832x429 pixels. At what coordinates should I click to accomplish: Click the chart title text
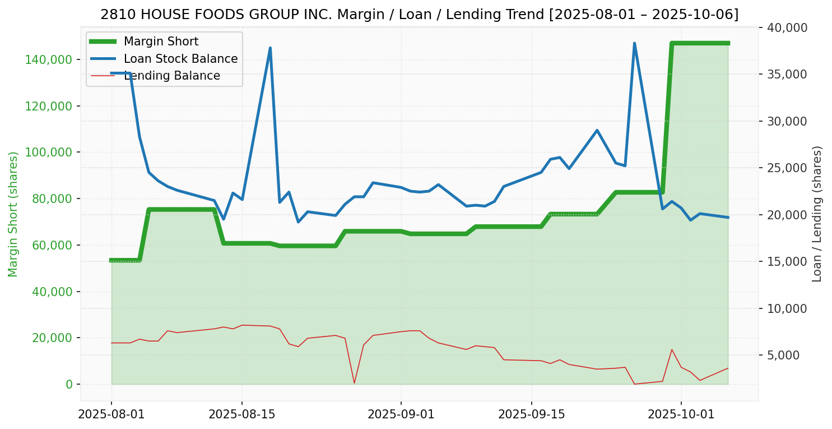coord(419,15)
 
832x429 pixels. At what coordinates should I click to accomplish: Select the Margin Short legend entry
coord(161,41)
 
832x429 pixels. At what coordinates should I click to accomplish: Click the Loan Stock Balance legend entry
coord(180,59)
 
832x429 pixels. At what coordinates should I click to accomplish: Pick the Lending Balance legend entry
coord(171,76)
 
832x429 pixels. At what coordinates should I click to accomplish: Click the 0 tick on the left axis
coord(69,385)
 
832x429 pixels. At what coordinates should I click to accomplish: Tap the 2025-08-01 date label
coord(111,414)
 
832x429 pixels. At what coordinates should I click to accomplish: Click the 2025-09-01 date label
coord(401,414)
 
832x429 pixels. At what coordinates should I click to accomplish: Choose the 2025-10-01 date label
coord(681,414)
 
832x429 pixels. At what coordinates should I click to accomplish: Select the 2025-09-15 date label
coord(531,414)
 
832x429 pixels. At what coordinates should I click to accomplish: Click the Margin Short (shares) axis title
coord(13,214)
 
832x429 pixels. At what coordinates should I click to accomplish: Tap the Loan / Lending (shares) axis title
coord(817,214)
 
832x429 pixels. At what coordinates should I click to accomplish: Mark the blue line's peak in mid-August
coord(270,48)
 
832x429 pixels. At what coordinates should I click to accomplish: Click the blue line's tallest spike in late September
coord(634,43)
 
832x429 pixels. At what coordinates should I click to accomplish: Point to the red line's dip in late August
coord(354,383)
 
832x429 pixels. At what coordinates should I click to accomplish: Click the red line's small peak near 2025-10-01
coord(672,349)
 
